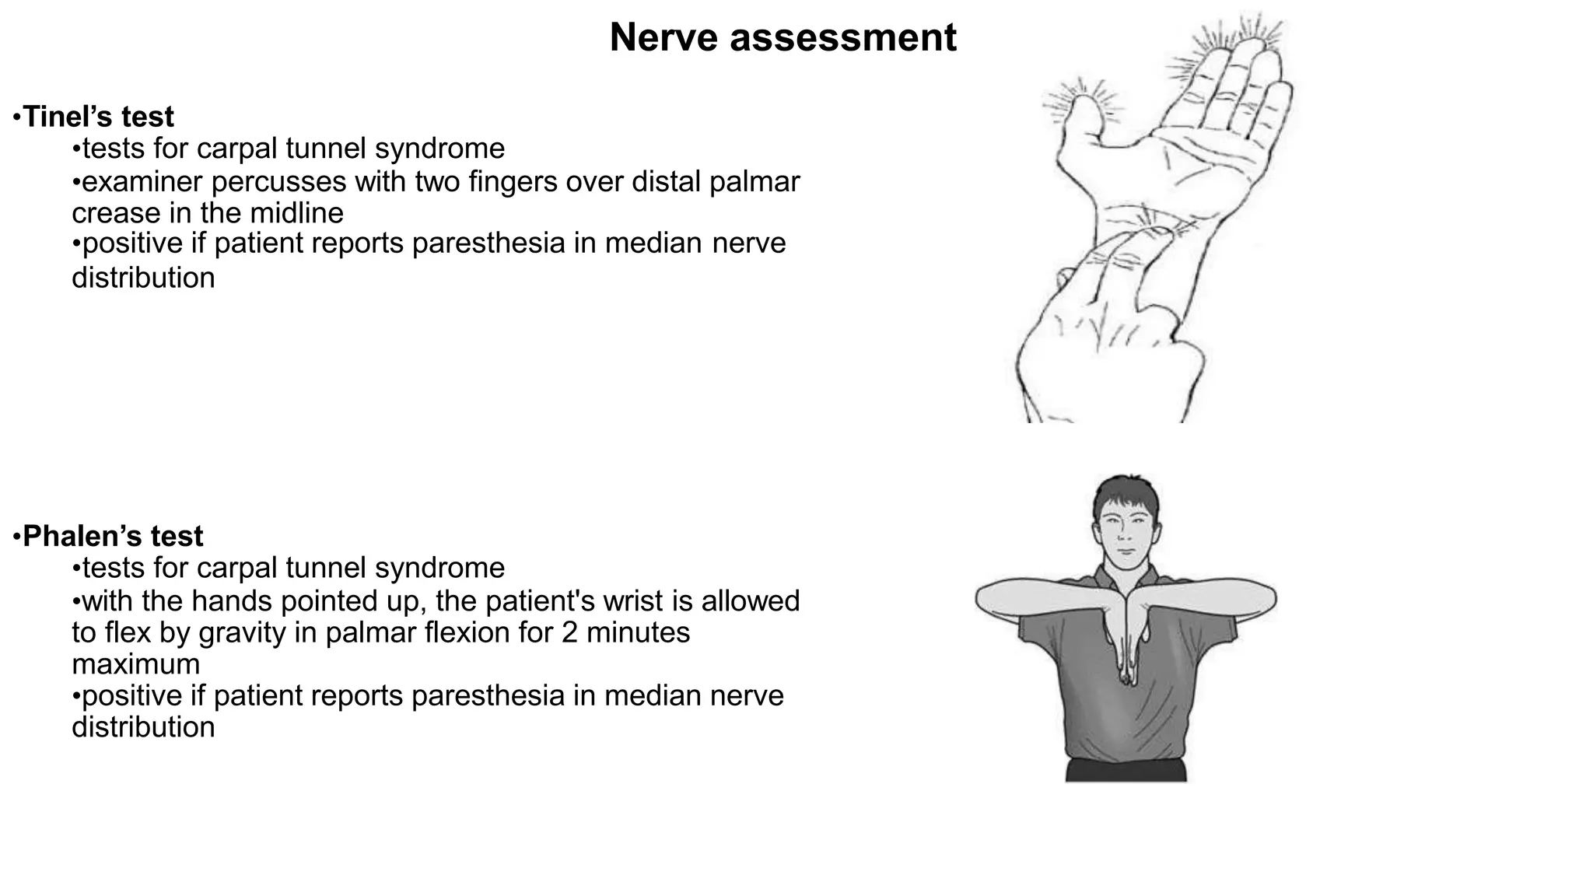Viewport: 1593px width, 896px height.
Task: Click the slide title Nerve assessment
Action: tap(782, 37)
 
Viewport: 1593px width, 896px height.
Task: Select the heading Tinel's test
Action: tap(99, 117)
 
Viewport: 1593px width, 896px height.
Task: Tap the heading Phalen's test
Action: tap(113, 536)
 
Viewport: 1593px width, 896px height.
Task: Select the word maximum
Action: tap(136, 664)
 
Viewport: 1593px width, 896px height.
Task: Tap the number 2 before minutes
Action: tap(569, 632)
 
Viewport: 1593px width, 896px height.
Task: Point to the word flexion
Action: tap(467, 632)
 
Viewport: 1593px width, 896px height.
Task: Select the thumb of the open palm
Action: tap(1081, 124)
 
